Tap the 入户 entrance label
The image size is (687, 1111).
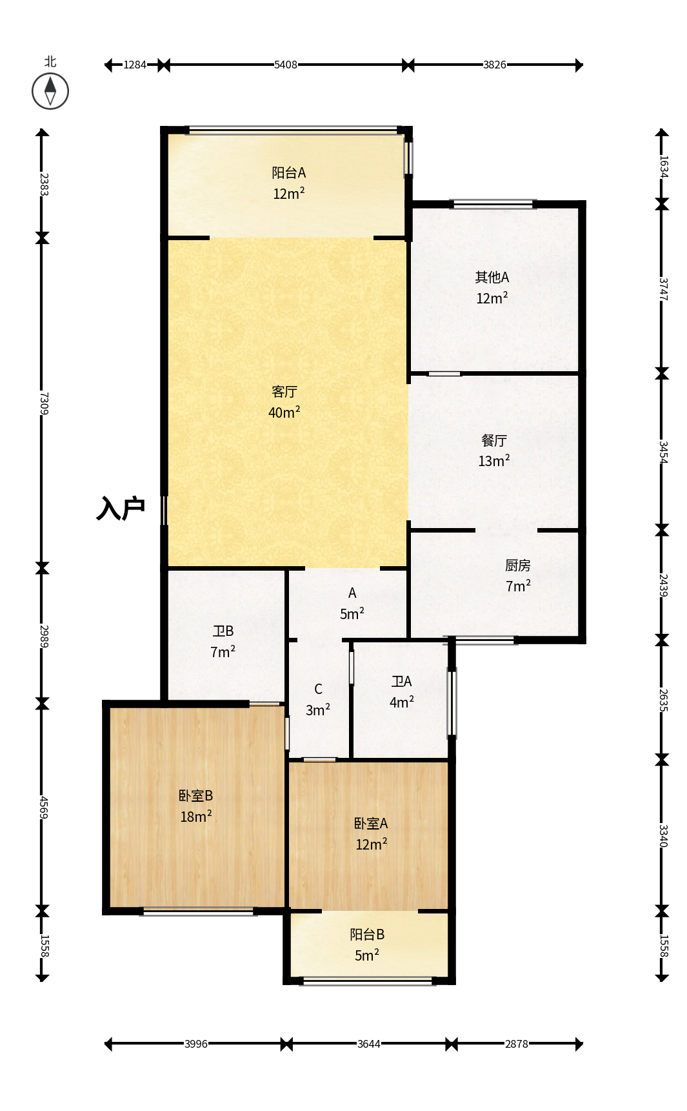121,509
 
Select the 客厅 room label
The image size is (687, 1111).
284,392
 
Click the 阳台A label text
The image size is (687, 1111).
288,173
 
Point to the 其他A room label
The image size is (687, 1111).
492,278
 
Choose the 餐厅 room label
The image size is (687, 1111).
494,440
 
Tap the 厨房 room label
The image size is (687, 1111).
518,566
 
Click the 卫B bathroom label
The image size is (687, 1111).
223,631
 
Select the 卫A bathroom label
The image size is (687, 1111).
401,682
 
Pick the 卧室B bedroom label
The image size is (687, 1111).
196,796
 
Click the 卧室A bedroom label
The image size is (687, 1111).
371,824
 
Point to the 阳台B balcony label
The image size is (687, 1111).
367,935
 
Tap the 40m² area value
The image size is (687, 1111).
284,412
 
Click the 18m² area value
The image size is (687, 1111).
196,816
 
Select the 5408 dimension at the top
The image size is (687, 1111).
286,65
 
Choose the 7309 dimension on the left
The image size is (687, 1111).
43,403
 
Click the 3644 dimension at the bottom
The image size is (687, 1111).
369,1044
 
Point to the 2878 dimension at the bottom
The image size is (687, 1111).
517,1044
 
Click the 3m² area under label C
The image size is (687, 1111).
318,709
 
